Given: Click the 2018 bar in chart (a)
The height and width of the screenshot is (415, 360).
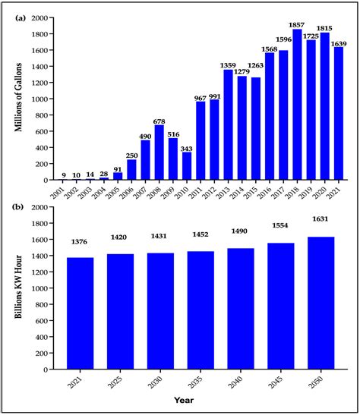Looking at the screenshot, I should (297, 105).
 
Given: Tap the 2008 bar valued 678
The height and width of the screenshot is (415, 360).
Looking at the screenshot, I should (159, 152).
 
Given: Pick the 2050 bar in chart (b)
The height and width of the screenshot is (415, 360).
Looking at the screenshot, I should (321, 303).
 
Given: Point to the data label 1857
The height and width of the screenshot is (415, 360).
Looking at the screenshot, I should (297, 24).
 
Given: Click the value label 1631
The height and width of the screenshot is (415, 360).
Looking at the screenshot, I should (321, 222).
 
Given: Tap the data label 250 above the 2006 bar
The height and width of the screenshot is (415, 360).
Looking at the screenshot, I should (131, 153).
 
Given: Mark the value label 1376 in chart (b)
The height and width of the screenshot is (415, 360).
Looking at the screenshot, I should (80, 242).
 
